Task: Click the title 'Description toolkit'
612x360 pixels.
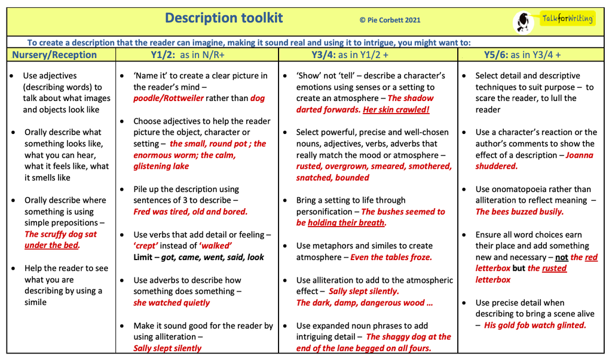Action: [x=224, y=18]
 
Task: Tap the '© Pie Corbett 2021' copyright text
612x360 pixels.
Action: [x=390, y=20]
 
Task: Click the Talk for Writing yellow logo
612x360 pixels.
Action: [x=567, y=19]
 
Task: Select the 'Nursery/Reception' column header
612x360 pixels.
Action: [x=54, y=55]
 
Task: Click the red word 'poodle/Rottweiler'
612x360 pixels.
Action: [x=169, y=98]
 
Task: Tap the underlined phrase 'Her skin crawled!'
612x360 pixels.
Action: [x=396, y=109]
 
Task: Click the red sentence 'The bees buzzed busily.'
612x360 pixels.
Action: [x=519, y=212]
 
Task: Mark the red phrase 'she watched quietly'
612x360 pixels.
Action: [x=172, y=303]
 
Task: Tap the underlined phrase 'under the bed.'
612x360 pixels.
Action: [x=52, y=245]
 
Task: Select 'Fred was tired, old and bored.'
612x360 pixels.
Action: [x=190, y=212]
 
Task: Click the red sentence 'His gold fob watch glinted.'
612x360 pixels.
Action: [x=535, y=325]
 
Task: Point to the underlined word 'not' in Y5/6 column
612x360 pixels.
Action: [x=562, y=257]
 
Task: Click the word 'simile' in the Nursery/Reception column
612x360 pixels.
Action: [x=35, y=302]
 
